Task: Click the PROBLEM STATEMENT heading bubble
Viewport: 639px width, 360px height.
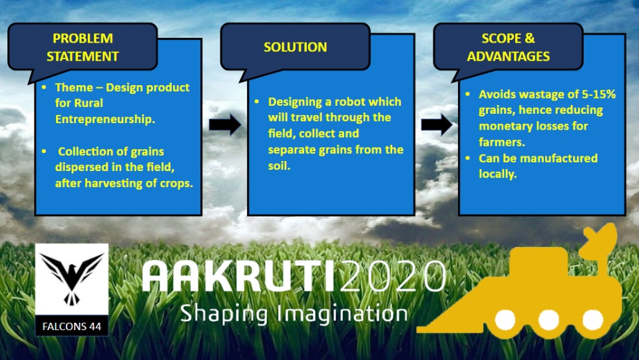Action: coord(83,47)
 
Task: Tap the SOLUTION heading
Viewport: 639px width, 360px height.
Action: coord(295,47)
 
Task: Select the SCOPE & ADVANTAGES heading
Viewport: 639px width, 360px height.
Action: coord(508,47)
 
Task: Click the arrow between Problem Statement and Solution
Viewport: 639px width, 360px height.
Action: coord(225,124)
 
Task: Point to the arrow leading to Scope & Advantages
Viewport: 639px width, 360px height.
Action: coord(437,124)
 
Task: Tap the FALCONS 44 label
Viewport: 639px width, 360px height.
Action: coord(72,326)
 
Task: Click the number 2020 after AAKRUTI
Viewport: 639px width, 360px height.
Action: coord(392,275)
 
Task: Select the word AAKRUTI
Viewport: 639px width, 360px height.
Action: coord(239,276)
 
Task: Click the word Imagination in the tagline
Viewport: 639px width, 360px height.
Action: coord(342,314)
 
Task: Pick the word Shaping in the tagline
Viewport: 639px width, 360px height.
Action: coord(224,314)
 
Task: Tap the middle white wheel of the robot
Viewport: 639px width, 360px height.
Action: coord(548,319)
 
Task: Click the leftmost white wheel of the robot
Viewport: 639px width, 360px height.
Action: coord(505,319)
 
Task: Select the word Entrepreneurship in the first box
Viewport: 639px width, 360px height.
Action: coord(105,119)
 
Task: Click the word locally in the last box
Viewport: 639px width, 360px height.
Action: coord(498,174)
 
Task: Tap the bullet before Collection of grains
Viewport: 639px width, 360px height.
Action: coord(44,152)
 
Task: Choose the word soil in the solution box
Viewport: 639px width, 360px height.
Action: coord(279,166)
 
